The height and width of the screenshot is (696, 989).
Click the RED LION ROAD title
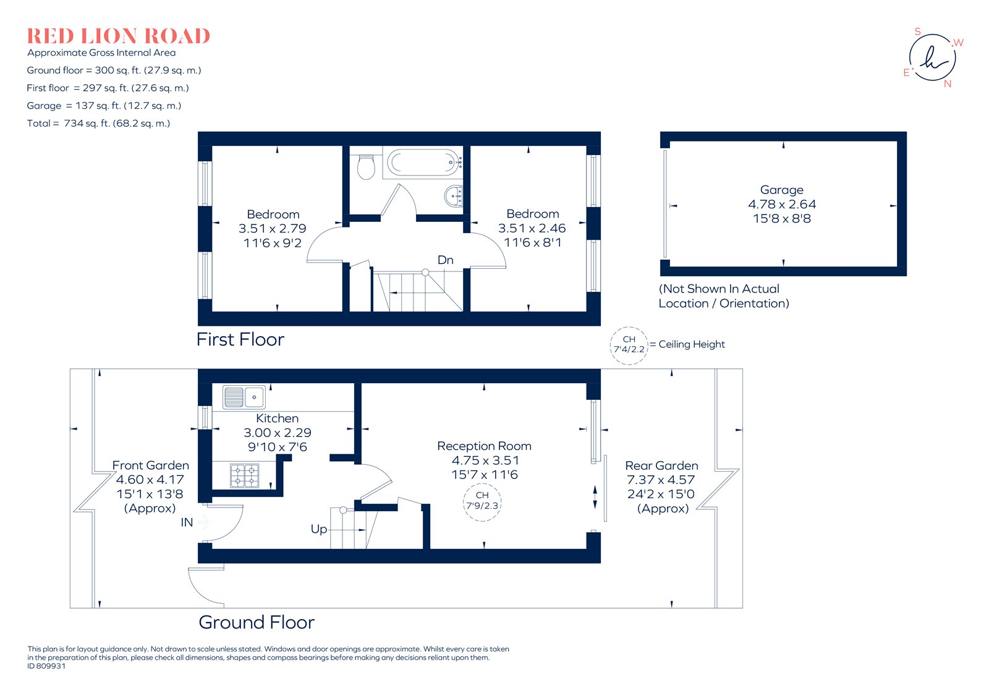point(118,36)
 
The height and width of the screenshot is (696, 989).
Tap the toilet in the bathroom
point(366,167)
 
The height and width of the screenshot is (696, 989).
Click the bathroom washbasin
point(453,197)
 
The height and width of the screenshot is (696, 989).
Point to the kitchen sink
point(244,397)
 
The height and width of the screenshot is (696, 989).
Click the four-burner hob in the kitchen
point(244,476)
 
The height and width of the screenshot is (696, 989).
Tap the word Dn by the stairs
point(445,260)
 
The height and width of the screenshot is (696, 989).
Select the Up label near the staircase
point(318,529)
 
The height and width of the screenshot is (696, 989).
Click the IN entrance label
point(187,522)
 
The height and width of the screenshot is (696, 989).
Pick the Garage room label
point(782,190)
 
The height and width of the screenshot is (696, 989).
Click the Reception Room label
point(484,446)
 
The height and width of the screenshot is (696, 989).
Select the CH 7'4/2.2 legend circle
point(629,345)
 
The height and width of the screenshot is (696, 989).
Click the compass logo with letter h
point(932,58)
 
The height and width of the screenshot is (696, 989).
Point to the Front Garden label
point(150,465)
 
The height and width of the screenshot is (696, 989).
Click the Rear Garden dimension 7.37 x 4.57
point(661,480)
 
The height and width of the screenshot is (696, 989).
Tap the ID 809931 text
point(46,666)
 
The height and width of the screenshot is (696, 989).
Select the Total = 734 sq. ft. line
point(98,124)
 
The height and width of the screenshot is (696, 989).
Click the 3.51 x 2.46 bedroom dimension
point(532,228)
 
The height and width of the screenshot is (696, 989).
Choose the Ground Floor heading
point(257,622)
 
